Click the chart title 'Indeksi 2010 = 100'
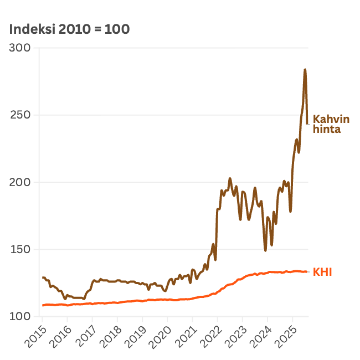[x=69, y=29]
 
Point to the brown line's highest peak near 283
[x=305, y=70]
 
